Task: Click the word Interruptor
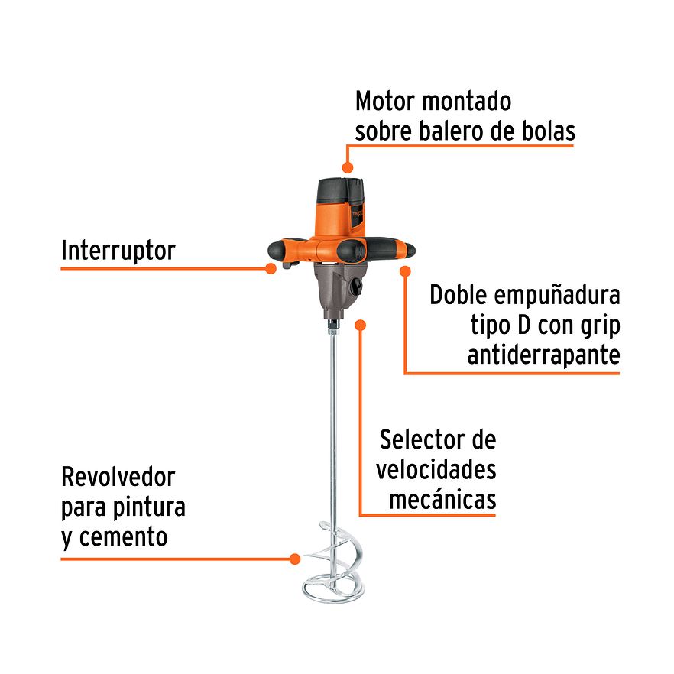tap(118, 251)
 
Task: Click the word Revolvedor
tap(118, 478)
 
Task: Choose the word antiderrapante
tap(543, 355)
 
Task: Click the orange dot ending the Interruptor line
tap(270, 268)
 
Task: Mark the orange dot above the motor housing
tap(348, 167)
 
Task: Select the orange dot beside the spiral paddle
tap(294, 559)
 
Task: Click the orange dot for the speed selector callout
tap(361, 325)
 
